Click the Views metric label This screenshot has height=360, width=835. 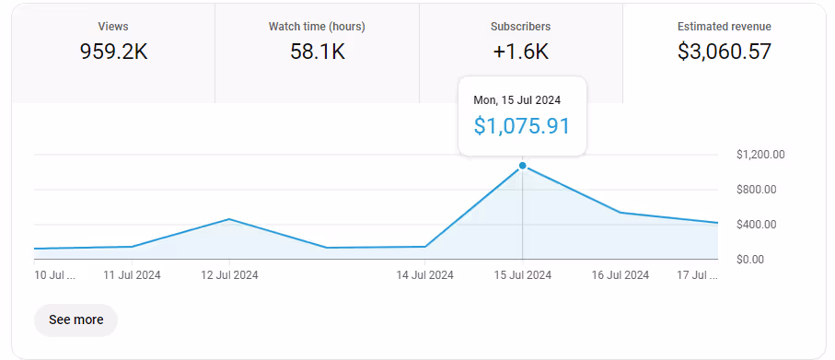[113, 27]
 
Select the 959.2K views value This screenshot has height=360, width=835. [113, 52]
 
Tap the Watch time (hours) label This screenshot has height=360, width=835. [317, 27]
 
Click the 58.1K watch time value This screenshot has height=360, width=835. [317, 52]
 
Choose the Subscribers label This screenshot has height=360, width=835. [521, 27]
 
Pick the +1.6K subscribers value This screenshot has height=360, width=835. [521, 52]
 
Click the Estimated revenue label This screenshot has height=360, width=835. [725, 27]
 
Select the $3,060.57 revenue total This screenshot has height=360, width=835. [725, 52]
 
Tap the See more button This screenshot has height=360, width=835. [75, 319]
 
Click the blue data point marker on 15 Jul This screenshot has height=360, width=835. [523, 166]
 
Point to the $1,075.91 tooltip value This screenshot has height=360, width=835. [522, 126]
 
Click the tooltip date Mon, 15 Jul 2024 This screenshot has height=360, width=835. [516, 99]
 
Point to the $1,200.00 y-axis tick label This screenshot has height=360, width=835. [760, 155]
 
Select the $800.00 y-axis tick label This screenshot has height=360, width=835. [757, 190]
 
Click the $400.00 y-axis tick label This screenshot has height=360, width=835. [757, 225]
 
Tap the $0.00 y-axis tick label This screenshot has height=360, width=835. [751, 260]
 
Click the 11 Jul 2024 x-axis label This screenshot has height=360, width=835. [132, 274]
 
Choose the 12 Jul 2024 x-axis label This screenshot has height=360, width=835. [229, 274]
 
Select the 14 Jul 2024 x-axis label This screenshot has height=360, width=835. [424, 274]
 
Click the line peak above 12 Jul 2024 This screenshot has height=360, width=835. [229, 219]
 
